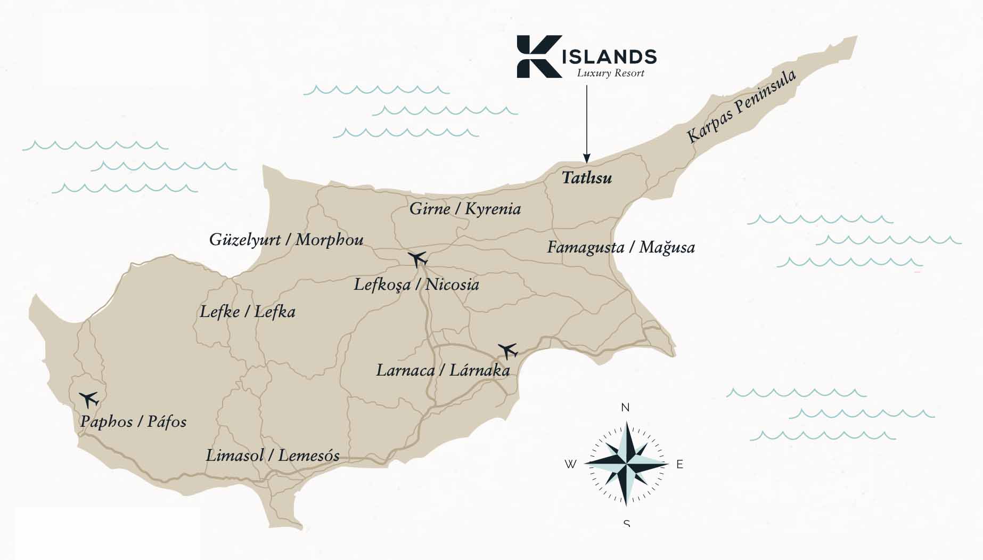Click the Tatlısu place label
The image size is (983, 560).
[x=587, y=177]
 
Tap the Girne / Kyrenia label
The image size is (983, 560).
[x=465, y=208]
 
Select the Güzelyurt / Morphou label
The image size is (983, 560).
[x=286, y=239]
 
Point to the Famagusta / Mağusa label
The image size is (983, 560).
[x=621, y=247]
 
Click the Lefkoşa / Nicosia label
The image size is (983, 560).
[x=416, y=285]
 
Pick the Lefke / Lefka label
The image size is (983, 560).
[x=247, y=312]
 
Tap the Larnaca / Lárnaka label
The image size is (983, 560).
[x=443, y=370]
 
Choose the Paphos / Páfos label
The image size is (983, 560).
[x=133, y=421]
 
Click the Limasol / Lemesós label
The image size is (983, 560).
[x=273, y=456]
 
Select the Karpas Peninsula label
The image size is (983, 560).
[x=742, y=106]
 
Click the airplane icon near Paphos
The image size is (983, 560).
[x=89, y=399]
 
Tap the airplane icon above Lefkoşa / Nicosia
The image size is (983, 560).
[x=418, y=259]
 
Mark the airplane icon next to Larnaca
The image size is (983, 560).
[x=508, y=351]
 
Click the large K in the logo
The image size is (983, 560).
[x=538, y=56]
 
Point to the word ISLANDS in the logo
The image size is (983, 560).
[x=609, y=56]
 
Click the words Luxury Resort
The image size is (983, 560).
[x=611, y=73]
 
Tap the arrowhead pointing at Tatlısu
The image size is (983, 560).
[x=586, y=158]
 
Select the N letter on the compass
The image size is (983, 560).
[x=625, y=408]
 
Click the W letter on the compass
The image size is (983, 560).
[x=570, y=464]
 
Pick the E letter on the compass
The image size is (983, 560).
[x=679, y=464]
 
